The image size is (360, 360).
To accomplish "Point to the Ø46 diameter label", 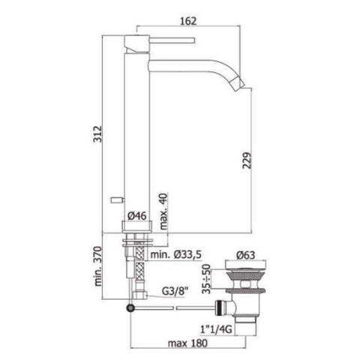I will (x=136, y=216).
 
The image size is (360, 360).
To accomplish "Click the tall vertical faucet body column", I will (x=137, y=127).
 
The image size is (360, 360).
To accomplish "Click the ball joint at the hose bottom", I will (x=132, y=307).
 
